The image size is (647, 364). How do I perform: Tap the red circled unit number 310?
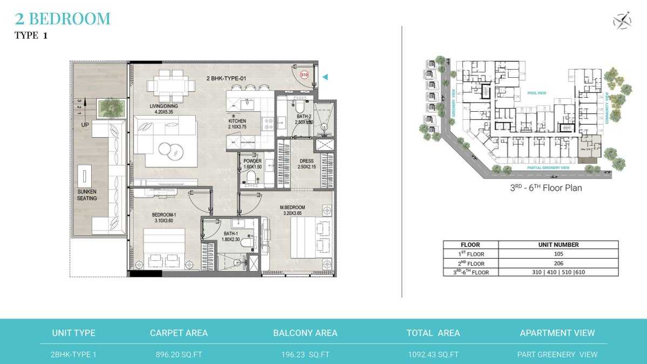[304, 76]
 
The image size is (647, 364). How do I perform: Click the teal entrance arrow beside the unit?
[325, 77]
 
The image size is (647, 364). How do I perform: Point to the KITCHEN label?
[237, 124]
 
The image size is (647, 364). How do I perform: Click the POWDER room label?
[253, 164]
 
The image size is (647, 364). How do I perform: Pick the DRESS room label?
[307, 164]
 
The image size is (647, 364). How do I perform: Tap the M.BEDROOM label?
[292, 210]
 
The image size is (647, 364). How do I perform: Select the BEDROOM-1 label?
[164, 218]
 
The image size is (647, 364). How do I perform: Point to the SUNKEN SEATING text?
[87, 195]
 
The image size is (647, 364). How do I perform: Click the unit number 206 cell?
[558, 263]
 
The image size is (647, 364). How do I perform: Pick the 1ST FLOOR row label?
[471, 254]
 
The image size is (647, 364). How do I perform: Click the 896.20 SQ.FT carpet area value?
[179, 355]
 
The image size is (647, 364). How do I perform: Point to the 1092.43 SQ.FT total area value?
[433, 355]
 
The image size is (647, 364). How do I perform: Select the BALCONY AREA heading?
[305, 333]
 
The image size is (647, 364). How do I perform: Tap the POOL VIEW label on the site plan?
[537, 93]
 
